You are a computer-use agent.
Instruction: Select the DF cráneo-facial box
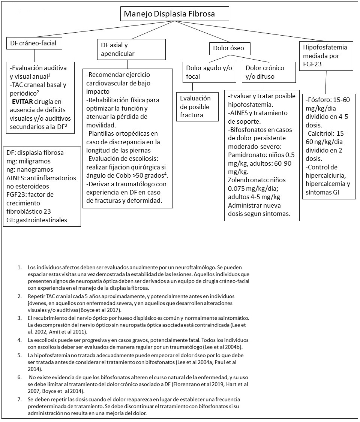click(x=34, y=43)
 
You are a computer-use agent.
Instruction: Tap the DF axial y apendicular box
click(x=131, y=49)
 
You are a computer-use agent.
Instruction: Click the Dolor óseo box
click(x=228, y=48)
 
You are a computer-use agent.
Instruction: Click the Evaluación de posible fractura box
click(x=198, y=106)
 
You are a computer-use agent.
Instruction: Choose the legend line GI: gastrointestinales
click(x=37, y=220)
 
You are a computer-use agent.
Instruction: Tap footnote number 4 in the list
click(x=19, y=340)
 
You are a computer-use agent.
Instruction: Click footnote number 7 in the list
click(x=19, y=400)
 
